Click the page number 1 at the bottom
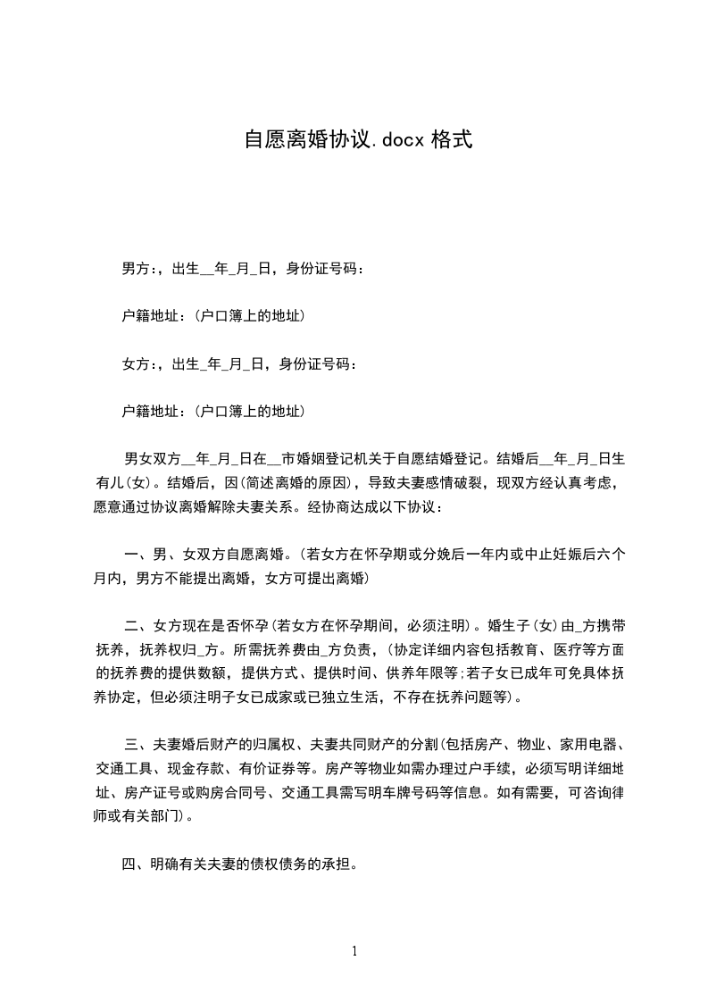[x=354, y=951]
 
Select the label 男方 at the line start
[x=136, y=267]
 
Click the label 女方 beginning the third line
[x=136, y=363]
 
